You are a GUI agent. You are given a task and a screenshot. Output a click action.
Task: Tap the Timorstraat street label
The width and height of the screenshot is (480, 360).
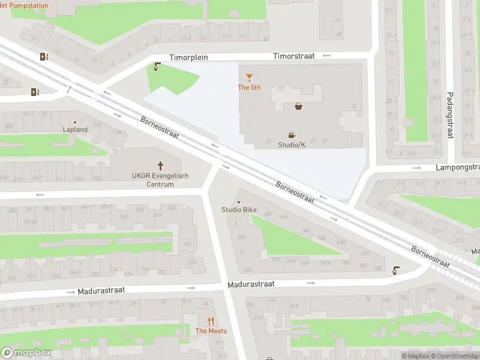click(294, 56)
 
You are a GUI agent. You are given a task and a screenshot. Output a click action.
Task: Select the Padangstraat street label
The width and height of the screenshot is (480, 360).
click(449, 115)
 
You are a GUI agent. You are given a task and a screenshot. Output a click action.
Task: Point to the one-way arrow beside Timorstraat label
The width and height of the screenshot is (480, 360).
click(326, 56)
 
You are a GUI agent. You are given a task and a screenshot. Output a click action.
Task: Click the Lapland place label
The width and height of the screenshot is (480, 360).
click(76, 130)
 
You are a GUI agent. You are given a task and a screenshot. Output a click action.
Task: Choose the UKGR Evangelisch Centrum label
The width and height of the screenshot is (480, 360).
click(160, 180)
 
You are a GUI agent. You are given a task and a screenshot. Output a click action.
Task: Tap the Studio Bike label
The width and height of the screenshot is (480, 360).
click(239, 209)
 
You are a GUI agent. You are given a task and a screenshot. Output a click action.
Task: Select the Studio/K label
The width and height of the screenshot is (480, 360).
click(292, 145)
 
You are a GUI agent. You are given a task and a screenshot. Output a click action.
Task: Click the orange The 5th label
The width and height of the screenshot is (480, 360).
click(249, 88)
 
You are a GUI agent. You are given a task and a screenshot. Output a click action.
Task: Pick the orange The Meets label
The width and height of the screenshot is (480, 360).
click(210, 331)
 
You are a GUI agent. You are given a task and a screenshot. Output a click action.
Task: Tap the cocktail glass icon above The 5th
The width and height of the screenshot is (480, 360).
click(249, 77)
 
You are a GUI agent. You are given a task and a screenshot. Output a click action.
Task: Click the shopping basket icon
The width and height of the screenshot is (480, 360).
click(298, 106)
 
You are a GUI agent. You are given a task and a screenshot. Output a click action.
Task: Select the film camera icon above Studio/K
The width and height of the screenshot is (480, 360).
click(292, 135)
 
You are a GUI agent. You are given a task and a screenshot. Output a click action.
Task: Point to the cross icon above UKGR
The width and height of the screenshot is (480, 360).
click(160, 165)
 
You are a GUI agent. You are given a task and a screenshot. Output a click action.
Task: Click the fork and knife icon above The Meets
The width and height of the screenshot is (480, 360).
click(210, 321)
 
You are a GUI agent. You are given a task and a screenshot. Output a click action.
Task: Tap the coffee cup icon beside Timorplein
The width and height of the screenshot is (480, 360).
click(157, 67)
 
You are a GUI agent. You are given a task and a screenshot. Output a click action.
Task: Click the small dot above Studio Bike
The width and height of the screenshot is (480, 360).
click(239, 202)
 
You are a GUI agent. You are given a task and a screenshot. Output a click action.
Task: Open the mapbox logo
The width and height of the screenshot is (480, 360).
click(26, 352)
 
